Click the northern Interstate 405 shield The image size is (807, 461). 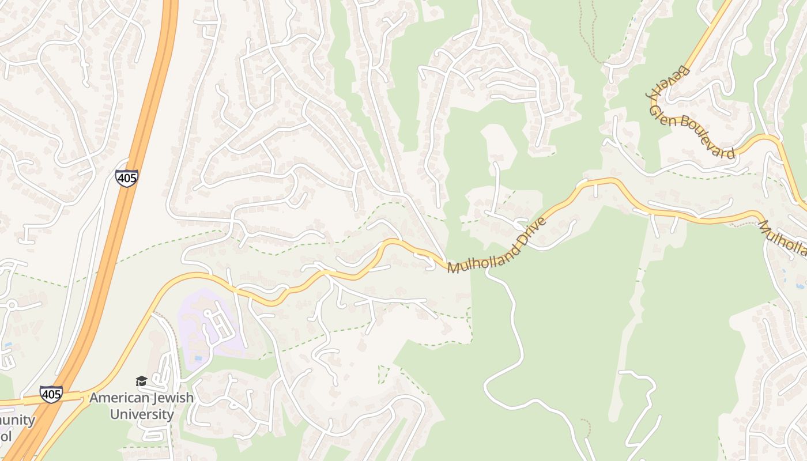point(126,177)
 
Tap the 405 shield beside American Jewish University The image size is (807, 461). point(51,394)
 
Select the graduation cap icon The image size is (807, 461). point(141,381)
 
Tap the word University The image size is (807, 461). point(142,414)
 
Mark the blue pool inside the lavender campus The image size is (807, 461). point(198,358)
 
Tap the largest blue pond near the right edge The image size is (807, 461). point(800,285)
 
